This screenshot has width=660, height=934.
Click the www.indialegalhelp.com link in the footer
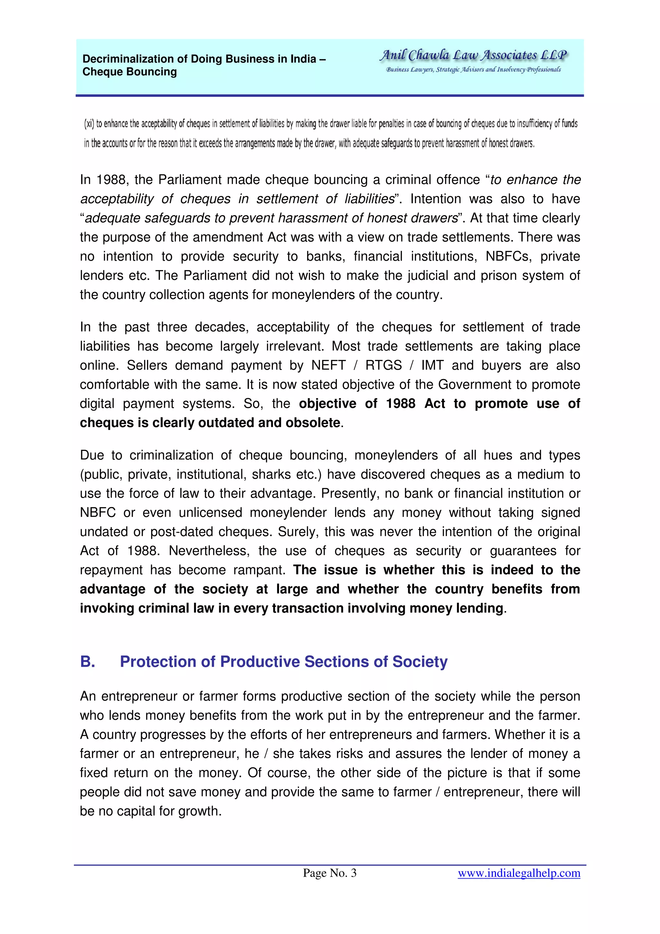(519, 873)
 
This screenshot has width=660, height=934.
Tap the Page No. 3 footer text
(329, 873)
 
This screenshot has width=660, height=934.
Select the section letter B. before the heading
(88, 662)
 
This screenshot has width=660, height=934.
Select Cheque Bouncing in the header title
(129, 72)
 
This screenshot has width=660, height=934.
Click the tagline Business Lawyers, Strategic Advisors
(473, 70)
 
